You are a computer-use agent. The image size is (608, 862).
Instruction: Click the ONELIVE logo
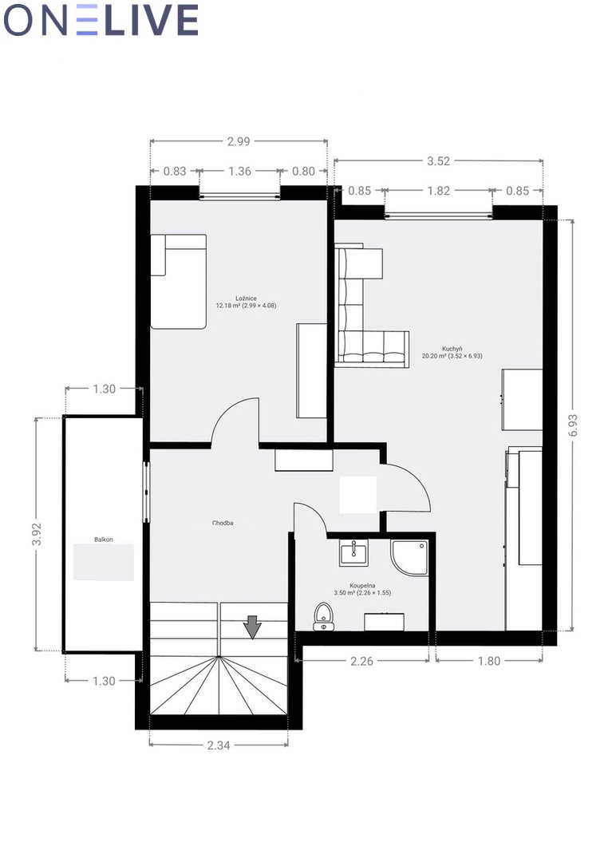point(101,20)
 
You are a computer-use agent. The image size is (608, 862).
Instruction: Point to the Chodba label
point(223,523)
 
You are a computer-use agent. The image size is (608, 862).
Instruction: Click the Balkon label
point(104,540)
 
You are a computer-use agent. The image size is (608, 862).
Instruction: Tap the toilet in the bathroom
point(323,616)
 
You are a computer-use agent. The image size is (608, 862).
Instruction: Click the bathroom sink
point(353,552)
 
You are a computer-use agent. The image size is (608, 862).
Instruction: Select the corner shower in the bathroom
point(409,557)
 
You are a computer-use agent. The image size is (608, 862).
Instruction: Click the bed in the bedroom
point(179,282)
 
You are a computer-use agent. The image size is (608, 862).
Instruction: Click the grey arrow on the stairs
point(252,627)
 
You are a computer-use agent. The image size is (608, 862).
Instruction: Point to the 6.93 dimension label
point(573,425)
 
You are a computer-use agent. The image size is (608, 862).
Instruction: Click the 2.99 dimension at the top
point(239,141)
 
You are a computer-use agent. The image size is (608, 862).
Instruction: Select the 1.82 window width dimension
point(439,191)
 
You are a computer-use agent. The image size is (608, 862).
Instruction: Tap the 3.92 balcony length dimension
point(37,534)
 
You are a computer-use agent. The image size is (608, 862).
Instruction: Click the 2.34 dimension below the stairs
point(219,745)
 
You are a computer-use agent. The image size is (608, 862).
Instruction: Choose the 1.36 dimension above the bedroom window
point(239,171)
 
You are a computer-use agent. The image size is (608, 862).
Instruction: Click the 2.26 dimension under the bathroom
point(361,661)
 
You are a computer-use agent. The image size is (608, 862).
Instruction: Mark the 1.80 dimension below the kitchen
point(489,661)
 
